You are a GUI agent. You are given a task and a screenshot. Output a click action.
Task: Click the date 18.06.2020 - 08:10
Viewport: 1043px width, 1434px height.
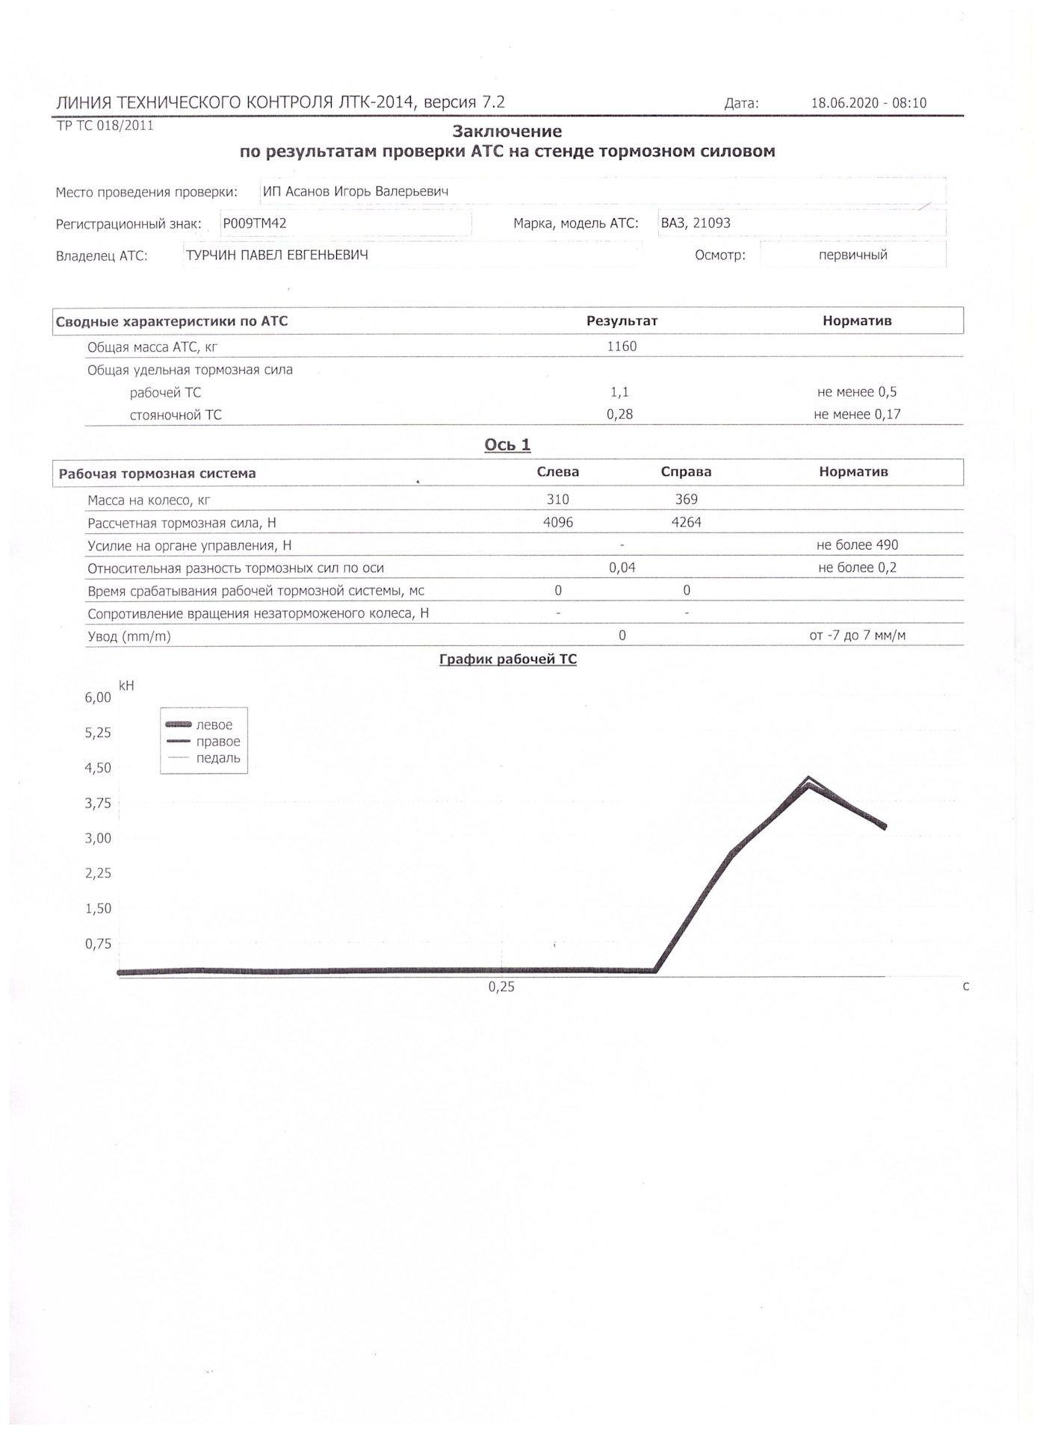pyautogui.click(x=868, y=103)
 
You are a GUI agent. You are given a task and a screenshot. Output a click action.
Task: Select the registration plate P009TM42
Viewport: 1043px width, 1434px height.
pyautogui.click(x=255, y=223)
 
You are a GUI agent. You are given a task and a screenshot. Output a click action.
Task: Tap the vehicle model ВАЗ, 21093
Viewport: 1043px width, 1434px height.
pyautogui.click(x=696, y=223)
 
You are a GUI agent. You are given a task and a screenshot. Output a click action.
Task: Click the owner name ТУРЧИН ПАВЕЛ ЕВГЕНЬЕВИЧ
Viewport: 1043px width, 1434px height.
pyautogui.click(x=276, y=255)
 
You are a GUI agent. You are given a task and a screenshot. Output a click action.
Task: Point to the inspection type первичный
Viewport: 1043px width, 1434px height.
pyautogui.click(x=852, y=255)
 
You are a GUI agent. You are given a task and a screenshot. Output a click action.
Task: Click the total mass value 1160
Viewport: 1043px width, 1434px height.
pyautogui.click(x=622, y=347)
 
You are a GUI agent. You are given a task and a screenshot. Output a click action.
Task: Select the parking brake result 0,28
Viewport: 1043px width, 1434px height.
pyautogui.click(x=619, y=415)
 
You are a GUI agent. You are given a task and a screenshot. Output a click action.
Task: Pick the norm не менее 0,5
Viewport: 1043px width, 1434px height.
pyautogui.click(x=857, y=392)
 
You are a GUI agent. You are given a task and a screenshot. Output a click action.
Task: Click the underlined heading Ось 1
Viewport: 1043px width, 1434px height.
pyautogui.click(x=507, y=445)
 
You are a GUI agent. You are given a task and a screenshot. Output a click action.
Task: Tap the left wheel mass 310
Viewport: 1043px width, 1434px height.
pyautogui.click(x=557, y=500)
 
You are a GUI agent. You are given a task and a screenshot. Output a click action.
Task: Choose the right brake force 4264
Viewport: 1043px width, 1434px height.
pyautogui.click(x=686, y=523)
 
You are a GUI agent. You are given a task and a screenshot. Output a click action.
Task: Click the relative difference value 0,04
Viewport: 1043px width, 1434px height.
pyautogui.click(x=622, y=568)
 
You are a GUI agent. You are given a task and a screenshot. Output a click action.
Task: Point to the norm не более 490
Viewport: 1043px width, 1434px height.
pyautogui.click(x=857, y=545)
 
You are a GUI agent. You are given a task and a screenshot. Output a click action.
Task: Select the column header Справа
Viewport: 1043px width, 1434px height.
pyautogui.click(x=686, y=472)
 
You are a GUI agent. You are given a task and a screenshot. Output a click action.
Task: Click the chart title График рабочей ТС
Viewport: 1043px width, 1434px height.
pyautogui.click(x=507, y=659)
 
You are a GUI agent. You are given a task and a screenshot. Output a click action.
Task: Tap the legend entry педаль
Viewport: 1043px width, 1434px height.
pyautogui.click(x=218, y=758)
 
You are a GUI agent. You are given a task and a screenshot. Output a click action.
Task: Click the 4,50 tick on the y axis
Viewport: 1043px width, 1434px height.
pyautogui.click(x=98, y=768)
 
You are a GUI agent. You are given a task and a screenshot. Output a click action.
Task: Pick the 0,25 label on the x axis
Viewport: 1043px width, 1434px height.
pyautogui.click(x=501, y=987)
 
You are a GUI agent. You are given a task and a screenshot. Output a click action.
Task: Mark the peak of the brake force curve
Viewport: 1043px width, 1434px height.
pyautogui.click(x=808, y=779)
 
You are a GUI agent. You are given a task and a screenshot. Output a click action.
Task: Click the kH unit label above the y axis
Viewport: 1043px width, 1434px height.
pyautogui.click(x=126, y=685)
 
